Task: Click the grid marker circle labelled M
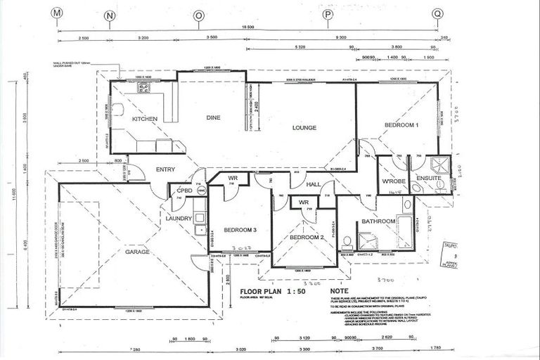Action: [57, 13]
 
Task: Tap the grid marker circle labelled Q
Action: [437, 13]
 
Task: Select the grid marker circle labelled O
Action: [200, 14]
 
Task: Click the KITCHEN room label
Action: [145, 119]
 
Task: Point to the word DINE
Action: [214, 118]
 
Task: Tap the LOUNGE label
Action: [304, 127]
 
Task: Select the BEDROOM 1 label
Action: [401, 124]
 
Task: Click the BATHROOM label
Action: [378, 221]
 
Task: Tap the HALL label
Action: [314, 184]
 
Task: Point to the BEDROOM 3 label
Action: [239, 230]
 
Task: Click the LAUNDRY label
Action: [179, 219]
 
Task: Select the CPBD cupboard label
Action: [184, 190]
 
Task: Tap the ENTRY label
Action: [166, 169]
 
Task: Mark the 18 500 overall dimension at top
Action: [247, 26]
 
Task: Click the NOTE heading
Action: [339, 290]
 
